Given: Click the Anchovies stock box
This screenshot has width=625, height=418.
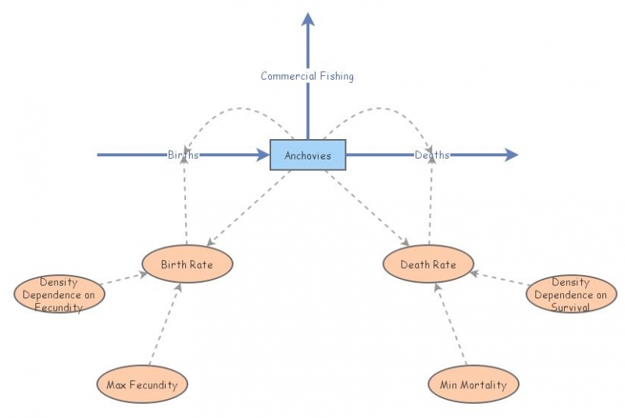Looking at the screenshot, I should pyautogui.click(x=308, y=155).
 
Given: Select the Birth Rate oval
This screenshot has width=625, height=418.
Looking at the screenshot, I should pyautogui.click(x=187, y=264).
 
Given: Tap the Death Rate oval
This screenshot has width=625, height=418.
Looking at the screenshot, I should pyautogui.click(x=429, y=264).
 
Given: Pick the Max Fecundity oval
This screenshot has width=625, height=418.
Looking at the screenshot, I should pyautogui.click(x=142, y=384).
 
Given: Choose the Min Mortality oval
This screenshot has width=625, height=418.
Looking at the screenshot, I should pyautogui.click(x=473, y=384).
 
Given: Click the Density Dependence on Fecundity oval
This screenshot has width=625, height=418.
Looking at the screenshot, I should pyautogui.click(x=59, y=295).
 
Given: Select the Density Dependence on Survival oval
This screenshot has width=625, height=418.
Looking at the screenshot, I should pyautogui.click(x=570, y=295).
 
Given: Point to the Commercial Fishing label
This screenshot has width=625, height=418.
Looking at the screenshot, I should pyautogui.click(x=307, y=76).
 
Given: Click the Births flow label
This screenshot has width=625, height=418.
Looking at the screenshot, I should pyautogui.click(x=183, y=155).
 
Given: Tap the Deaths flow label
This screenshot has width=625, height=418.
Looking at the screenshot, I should pyautogui.click(x=432, y=155).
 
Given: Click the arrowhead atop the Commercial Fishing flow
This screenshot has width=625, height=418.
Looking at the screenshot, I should pyautogui.click(x=308, y=19).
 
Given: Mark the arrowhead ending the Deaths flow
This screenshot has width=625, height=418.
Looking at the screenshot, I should pyautogui.click(x=511, y=155).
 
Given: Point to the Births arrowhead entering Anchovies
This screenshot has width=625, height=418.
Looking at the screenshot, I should pyautogui.click(x=262, y=155).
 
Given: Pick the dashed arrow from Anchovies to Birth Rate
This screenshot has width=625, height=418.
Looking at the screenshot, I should pyautogui.click(x=248, y=207).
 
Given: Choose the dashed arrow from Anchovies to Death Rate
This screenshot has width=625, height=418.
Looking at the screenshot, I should pyautogui.click(x=367, y=207).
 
